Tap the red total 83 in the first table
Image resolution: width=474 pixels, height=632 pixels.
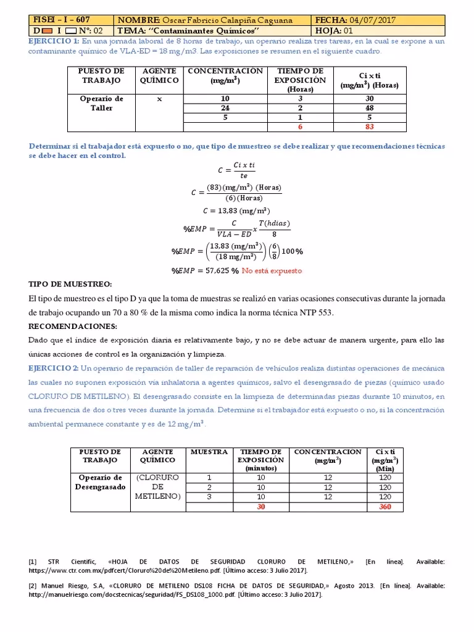click(369, 127)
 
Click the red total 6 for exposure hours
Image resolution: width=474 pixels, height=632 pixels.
click(301, 127)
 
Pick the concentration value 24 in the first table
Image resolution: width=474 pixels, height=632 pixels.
click(225, 108)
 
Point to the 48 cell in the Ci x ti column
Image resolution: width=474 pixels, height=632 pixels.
click(369, 108)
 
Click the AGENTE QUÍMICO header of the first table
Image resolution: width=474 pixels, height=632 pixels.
click(159, 76)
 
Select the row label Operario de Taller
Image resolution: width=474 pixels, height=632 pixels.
click(102, 103)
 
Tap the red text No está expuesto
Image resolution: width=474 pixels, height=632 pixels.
click(272, 271)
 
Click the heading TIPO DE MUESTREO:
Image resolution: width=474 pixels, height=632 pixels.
click(70, 285)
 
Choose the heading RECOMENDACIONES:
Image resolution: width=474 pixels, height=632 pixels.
click(72, 326)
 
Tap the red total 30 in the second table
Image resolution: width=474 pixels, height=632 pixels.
click(260, 507)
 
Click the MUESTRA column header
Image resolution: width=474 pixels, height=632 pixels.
click(209, 452)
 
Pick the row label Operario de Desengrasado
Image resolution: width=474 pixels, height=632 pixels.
click(101, 482)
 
